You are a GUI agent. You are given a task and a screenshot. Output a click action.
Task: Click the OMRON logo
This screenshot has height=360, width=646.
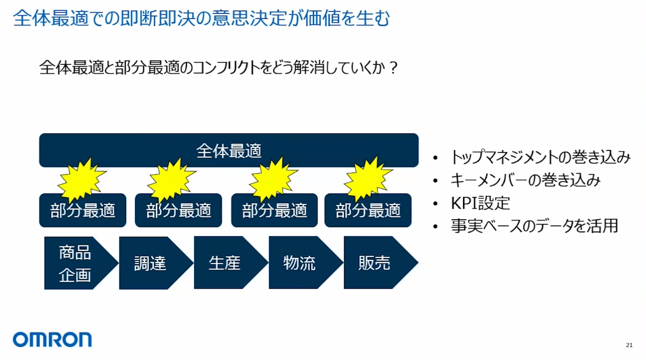[52, 340]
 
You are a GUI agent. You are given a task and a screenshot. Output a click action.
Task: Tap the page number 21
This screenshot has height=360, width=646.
[629, 345]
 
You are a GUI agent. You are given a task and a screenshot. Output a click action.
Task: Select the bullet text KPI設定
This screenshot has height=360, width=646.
[480, 203]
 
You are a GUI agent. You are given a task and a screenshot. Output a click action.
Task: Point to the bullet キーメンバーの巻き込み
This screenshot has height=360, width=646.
[526, 180]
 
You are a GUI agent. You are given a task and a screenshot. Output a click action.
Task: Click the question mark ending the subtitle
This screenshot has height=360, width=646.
[394, 68]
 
